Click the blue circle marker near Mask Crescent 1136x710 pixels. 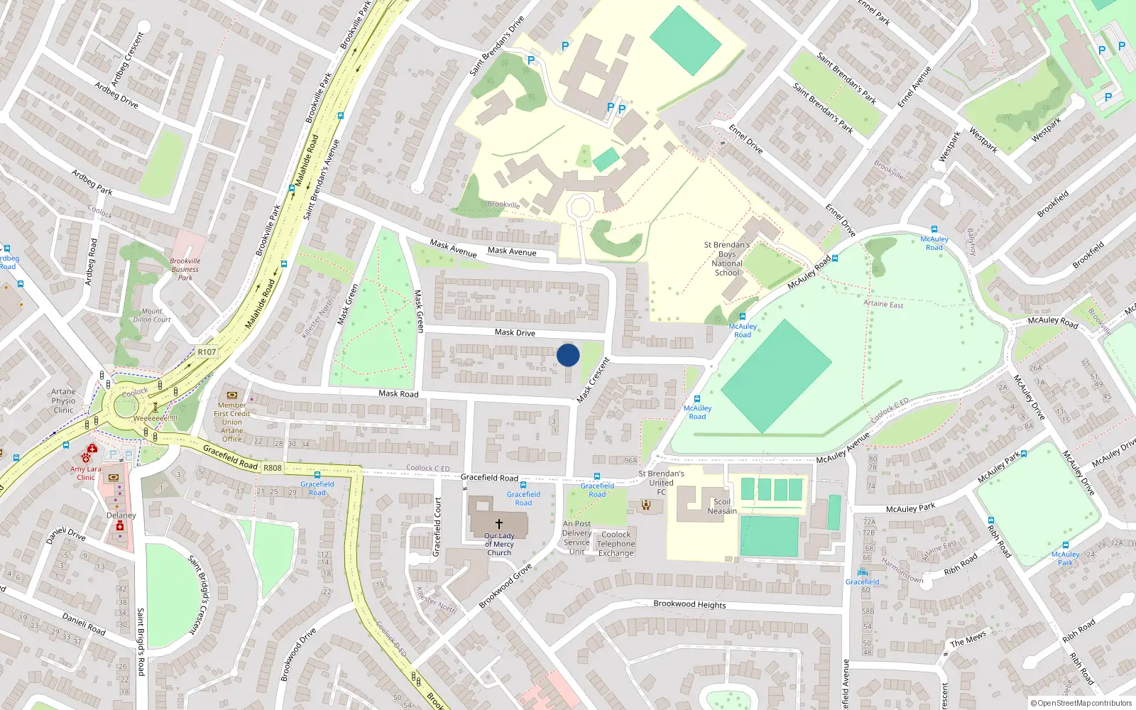(568, 355)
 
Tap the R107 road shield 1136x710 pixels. (207, 352)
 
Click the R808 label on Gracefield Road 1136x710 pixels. (273, 468)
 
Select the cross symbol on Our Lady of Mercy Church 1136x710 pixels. (498, 524)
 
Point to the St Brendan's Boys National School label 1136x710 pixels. (727, 258)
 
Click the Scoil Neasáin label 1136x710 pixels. (722, 506)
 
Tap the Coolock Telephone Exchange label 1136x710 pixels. (616, 544)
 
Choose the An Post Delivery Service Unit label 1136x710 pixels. (577, 537)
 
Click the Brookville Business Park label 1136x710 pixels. (185, 269)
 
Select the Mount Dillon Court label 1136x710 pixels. (151, 315)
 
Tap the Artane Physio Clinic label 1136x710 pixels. (63, 400)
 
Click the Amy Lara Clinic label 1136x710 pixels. (86, 473)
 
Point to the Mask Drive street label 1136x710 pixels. (515, 332)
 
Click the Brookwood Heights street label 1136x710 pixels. (689, 604)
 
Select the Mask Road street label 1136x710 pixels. (398, 393)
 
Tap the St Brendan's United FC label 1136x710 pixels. (661, 483)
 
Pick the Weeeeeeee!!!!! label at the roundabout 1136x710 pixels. (155, 418)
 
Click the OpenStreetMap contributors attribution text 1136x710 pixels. (1081, 703)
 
